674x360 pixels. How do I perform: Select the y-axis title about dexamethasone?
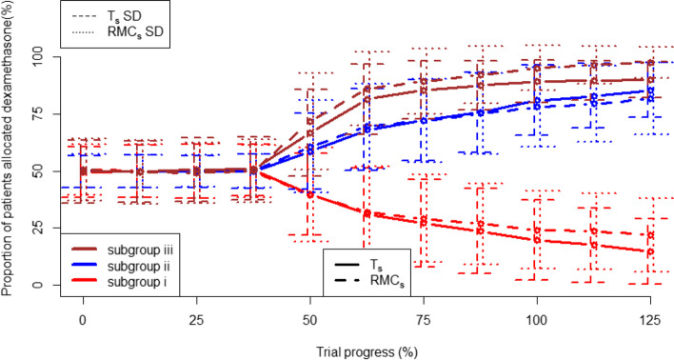[x=10, y=167]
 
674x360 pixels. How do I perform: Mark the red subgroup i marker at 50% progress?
[x=309, y=193]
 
